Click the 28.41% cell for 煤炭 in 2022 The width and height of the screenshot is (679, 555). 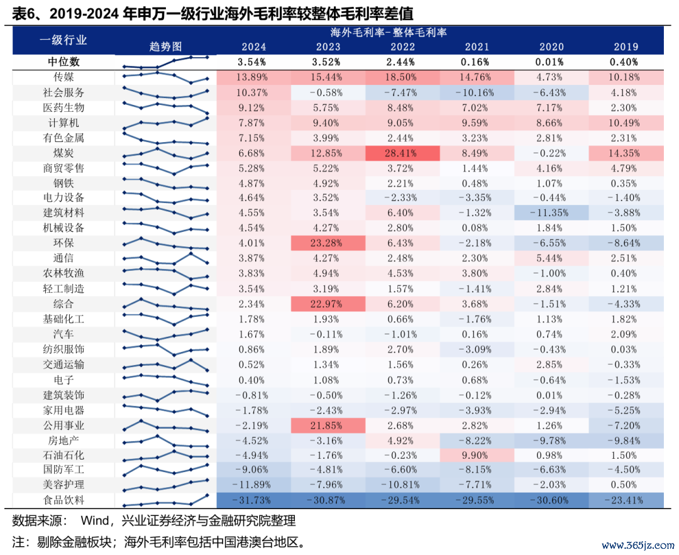(x=402, y=153)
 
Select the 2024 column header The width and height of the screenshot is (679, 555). (x=253, y=47)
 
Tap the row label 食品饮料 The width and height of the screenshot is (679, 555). (x=63, y=500)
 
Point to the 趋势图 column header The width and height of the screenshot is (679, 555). (x=166, y=47)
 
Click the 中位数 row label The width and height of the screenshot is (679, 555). (x=63, y=62)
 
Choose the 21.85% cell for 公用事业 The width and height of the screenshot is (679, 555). (x=328, y=425)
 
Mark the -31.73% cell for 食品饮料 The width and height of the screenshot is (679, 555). (x=253, y=500)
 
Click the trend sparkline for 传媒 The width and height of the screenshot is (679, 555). (x=166, y=77)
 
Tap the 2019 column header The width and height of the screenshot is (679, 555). (x=625, y=47)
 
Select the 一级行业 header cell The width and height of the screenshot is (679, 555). (x=63, y=40)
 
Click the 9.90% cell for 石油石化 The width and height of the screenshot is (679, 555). (x=477, y=455)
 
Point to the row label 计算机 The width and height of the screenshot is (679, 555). (x=63, y=123)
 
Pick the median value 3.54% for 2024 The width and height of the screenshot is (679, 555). (x=253, y=62)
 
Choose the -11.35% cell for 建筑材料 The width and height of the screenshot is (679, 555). (x=551, y=213)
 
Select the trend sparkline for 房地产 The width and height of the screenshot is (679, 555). (x=166, y=441)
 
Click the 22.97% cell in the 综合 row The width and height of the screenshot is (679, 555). (x=328, y=304)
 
